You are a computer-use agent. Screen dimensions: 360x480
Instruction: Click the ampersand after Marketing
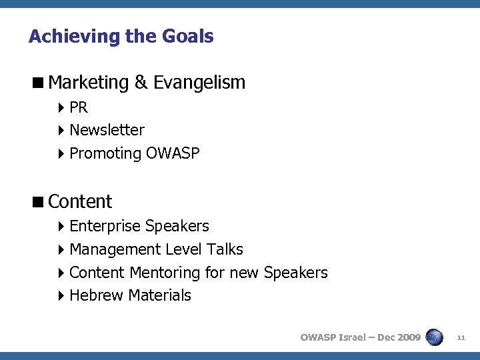click(141, 83)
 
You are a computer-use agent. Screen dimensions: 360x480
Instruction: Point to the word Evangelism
click(199, 83)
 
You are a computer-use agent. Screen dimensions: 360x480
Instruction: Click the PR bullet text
click(79, 108)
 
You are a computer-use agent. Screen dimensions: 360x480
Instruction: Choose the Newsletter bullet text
click(107, 131)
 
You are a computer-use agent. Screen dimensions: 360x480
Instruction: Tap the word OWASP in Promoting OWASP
click(173, 153)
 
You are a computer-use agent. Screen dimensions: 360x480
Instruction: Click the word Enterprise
click(105, 227)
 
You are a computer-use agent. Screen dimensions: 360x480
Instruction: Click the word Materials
click(160, 295)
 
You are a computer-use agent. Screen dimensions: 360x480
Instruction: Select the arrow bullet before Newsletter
click(61, 131)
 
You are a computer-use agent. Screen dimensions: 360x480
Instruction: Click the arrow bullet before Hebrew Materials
click(61, 295)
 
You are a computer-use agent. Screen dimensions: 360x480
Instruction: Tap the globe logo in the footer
click(434, 337)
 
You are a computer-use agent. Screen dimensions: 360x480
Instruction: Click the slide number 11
click(461, 338)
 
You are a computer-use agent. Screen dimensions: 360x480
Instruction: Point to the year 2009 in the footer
click(408, 337)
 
